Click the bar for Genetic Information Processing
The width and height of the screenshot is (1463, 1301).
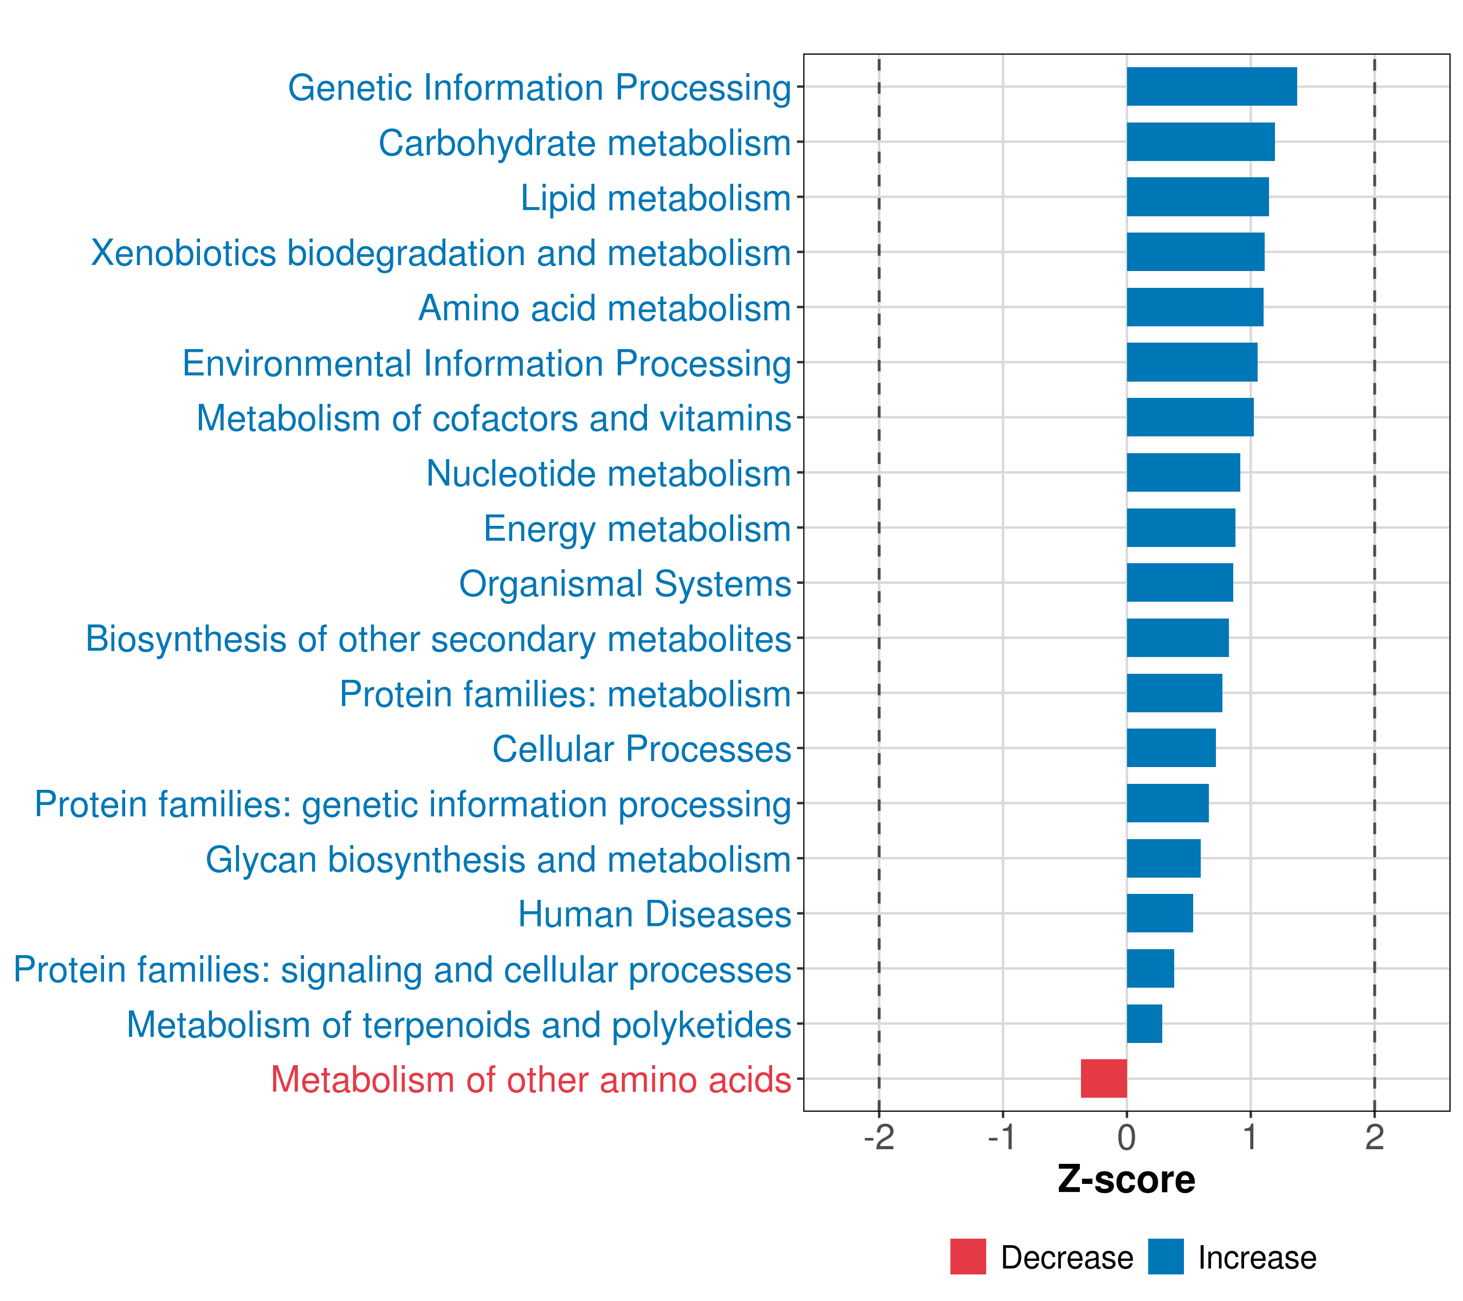click(1212, 87)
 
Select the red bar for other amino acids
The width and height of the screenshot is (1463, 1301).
click(1104, 1078)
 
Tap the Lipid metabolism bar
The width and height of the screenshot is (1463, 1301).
click(1198, 197)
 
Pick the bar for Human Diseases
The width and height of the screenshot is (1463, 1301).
click(1160, 913)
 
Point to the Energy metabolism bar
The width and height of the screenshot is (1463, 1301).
click(1181, 527)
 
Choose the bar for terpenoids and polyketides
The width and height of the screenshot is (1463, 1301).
click(1144, 1023)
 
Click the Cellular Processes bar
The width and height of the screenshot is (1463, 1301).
click(1171, 748)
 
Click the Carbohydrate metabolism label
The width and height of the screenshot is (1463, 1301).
click(585, 143)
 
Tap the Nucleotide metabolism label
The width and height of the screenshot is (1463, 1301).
click(608, 473)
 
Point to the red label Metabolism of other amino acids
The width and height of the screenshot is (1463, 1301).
click(531, 1080)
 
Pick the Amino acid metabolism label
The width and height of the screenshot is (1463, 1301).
click(605, 308)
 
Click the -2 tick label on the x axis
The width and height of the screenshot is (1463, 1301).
click(879, 1137)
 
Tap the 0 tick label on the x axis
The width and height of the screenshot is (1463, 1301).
click(1127, 1137)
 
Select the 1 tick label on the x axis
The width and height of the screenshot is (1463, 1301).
click(1251, 1137)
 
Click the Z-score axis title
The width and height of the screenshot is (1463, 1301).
click(1127, 1180)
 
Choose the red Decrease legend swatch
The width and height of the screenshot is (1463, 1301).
click(968, 1257)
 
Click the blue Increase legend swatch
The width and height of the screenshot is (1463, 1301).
click(1166, 1257)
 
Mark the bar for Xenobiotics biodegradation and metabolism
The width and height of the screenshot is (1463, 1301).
click(1196, 252)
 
